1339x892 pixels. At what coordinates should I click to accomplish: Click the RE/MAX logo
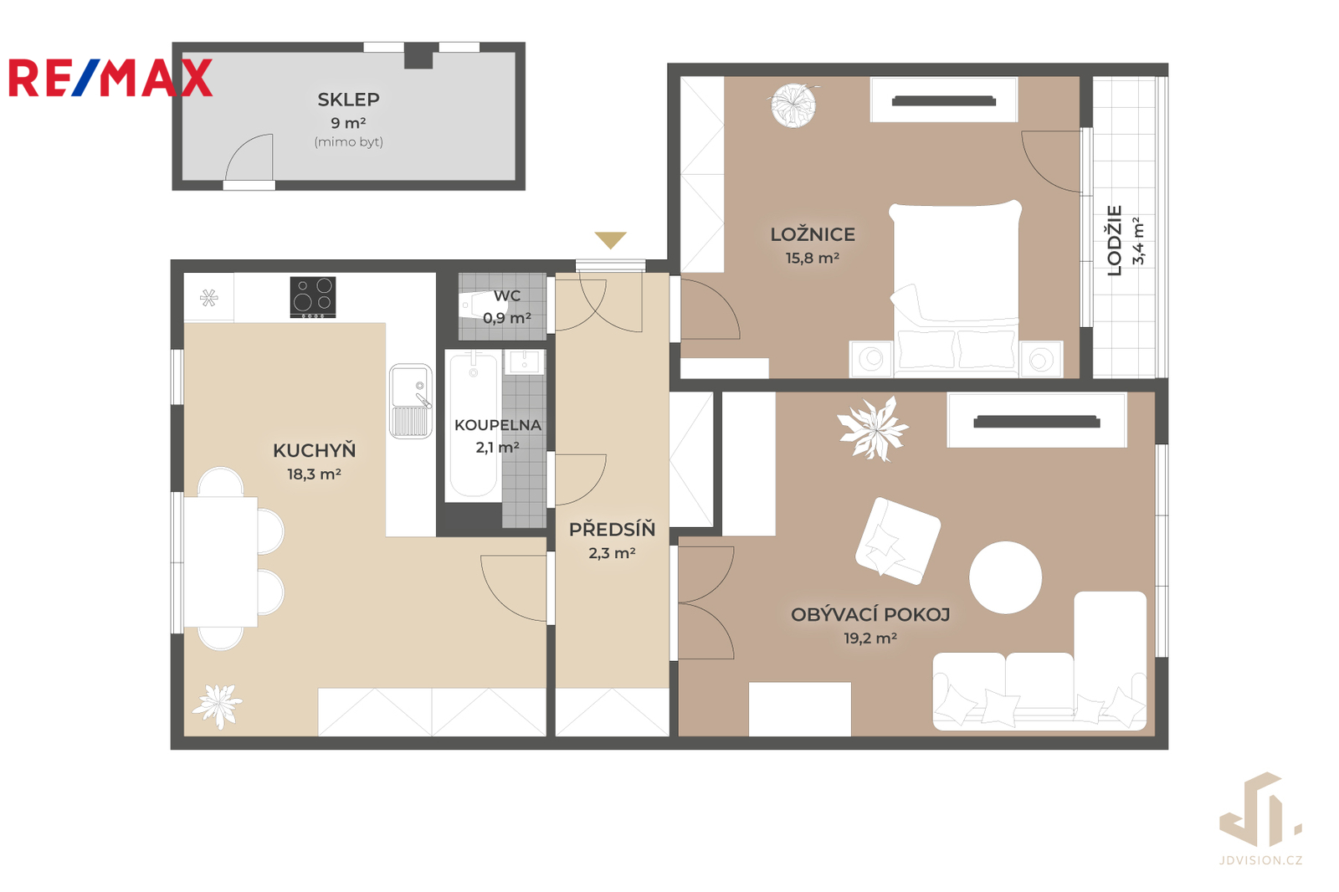110,78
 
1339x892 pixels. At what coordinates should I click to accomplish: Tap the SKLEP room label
348,100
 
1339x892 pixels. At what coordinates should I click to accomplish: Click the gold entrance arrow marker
610,240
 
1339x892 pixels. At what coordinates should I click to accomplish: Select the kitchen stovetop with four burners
313,296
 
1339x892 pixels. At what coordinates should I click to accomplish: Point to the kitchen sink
411,401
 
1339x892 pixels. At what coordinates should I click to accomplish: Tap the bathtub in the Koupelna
474,425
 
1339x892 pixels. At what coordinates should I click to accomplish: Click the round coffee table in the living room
1005,577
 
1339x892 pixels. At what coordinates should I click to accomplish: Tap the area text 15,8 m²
813,259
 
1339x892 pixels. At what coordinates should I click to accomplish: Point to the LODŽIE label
1114,240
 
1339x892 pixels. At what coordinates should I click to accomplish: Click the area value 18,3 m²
314,474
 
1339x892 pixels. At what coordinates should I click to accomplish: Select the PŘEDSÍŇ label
612,529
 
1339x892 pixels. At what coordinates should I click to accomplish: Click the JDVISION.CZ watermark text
1260,860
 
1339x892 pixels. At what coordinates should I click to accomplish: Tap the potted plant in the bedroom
794,105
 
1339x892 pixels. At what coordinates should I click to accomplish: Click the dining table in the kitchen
221,562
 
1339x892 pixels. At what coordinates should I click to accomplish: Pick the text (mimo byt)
348,142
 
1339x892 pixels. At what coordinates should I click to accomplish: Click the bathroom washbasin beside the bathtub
524,361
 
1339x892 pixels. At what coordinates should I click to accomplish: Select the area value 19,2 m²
870,638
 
